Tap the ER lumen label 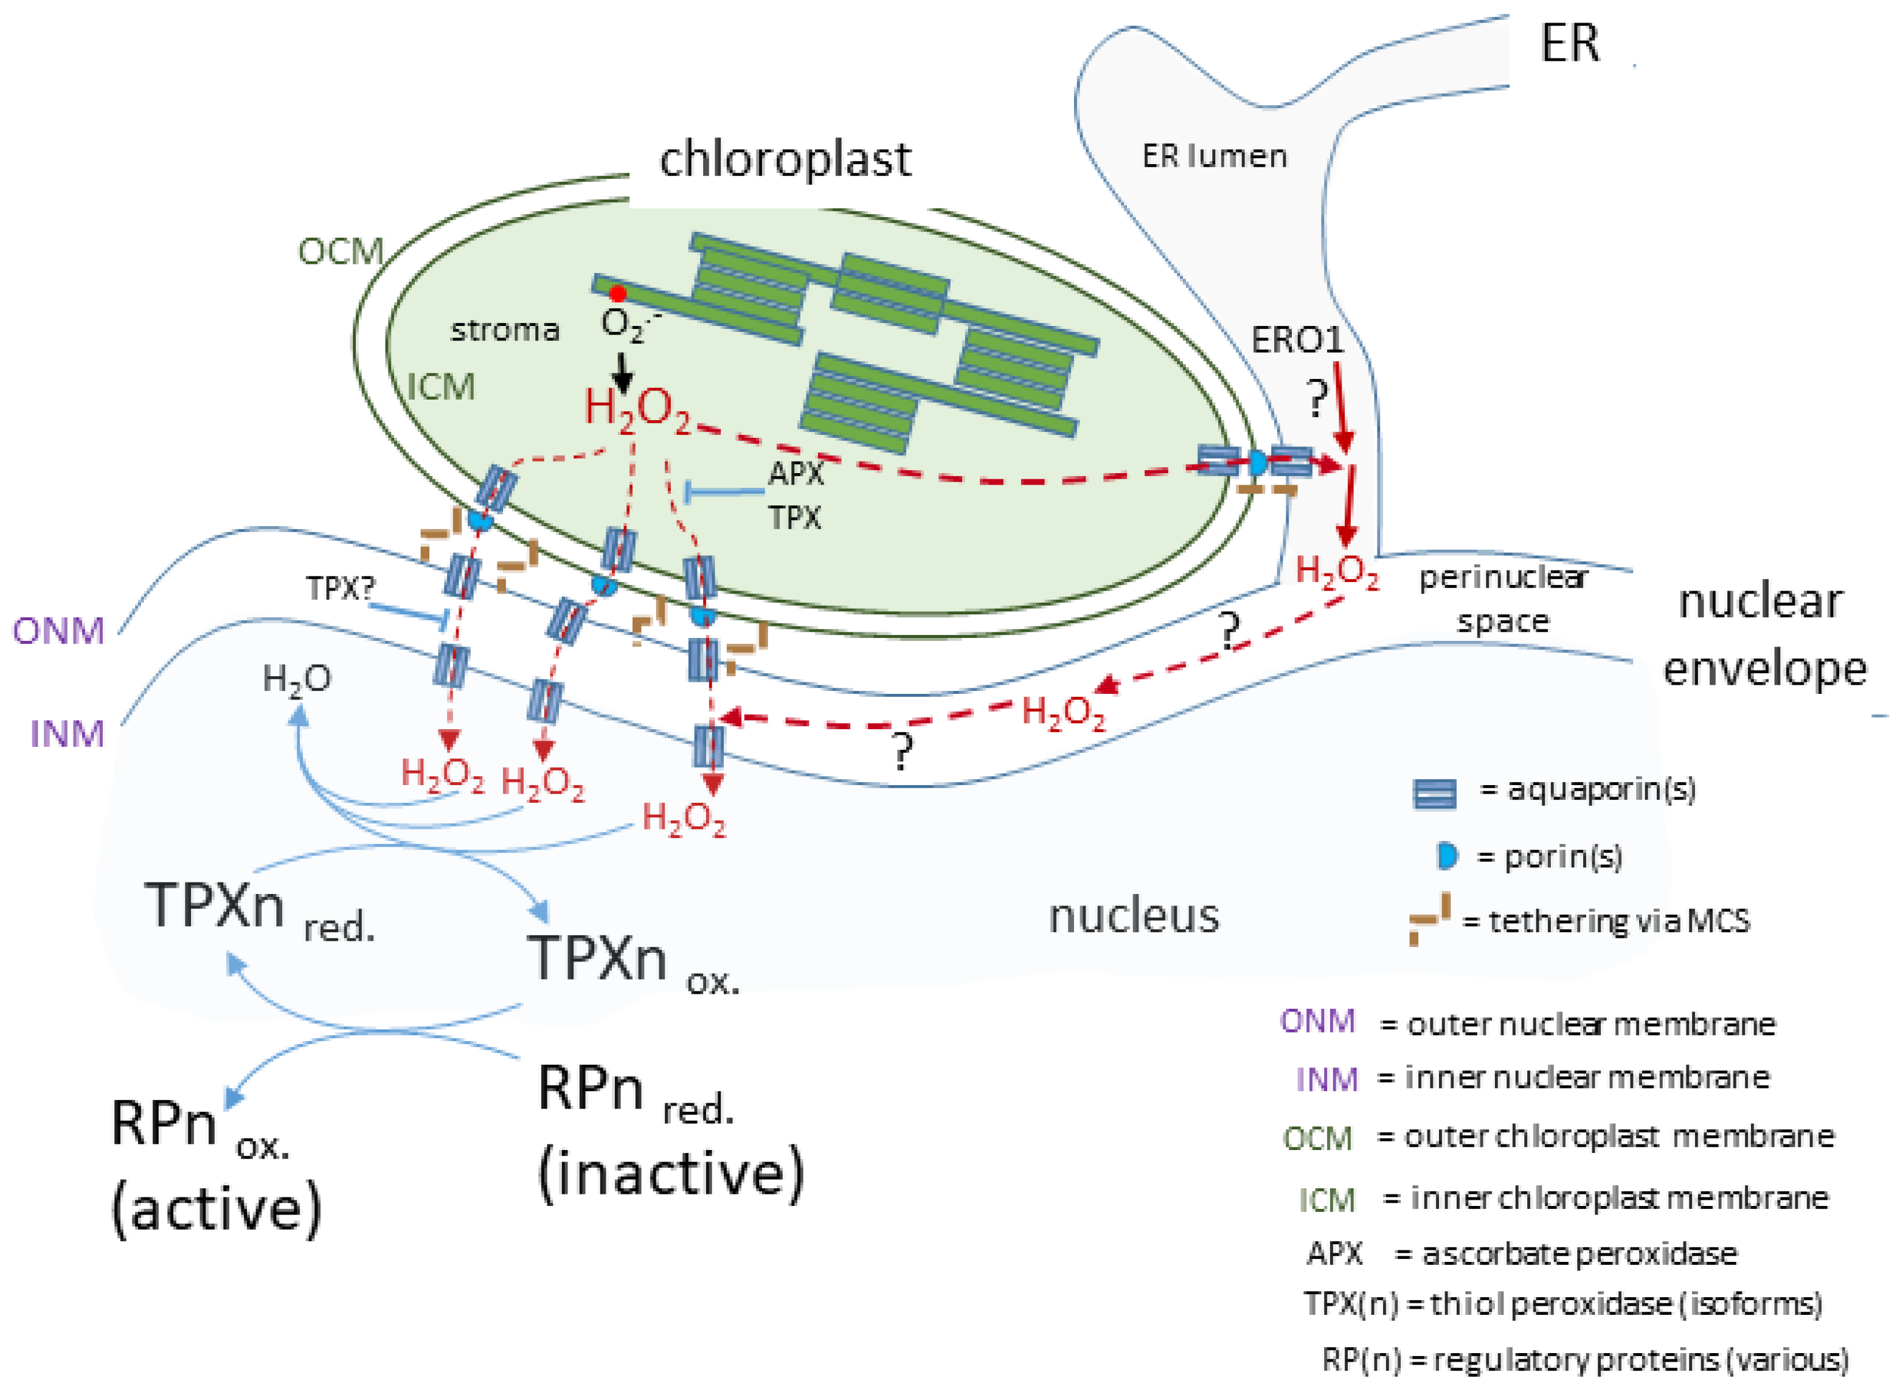[x=1214, y=156]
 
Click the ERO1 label [x=1297, y=341]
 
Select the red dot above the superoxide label [x=618, y=294]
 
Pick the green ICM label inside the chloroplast [x=442, y=387]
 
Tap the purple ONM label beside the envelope [x=59, y=631]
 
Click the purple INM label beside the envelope [x=68, y=734]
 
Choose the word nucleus [x=1133, y=916]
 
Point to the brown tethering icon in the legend [x=1430, y=919]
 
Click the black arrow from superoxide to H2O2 [x=622, y=372]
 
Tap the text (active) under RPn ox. [x=216, y=1209]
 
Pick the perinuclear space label [x=1502, y=598]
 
